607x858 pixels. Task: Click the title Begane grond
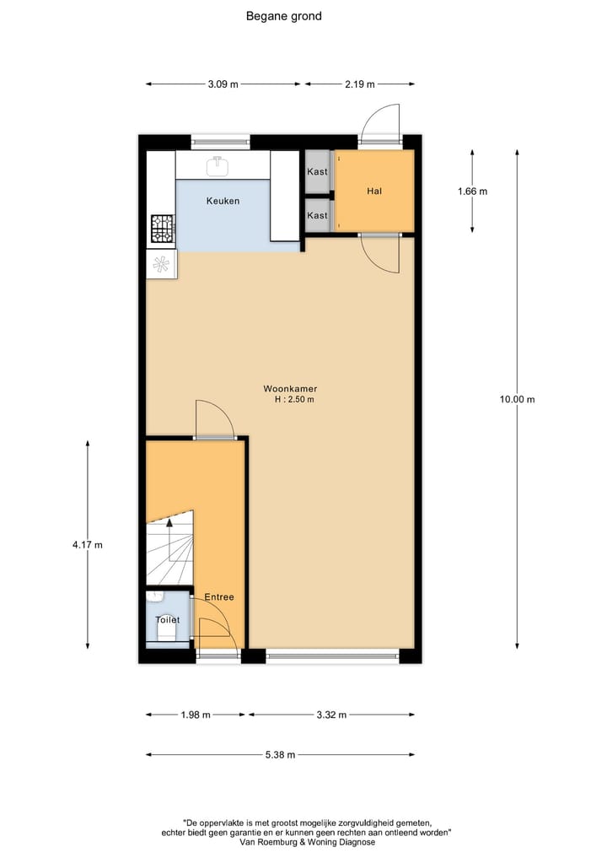tap(283, 16)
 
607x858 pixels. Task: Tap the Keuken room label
tap(223, 201)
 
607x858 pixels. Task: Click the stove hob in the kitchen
tap(162, 227)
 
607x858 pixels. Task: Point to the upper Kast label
tap(317, 172)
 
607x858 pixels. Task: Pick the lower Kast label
tap(317, 216)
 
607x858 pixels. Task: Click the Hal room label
tap(374, 192)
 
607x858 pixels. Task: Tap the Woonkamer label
tap(290, 389)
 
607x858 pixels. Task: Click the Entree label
tap(219, 597)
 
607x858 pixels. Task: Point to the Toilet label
tap(167, 620)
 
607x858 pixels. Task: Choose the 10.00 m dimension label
tap(517, 400)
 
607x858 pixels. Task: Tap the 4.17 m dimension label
tap(88, 545)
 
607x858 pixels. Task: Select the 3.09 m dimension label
tap(223, 84)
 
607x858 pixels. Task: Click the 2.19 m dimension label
tap(359, 84)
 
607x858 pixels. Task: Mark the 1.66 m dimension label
tap(472, 192)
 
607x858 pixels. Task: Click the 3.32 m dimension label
tap(330, 715)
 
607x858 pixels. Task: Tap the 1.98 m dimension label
tap(196, 715)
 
